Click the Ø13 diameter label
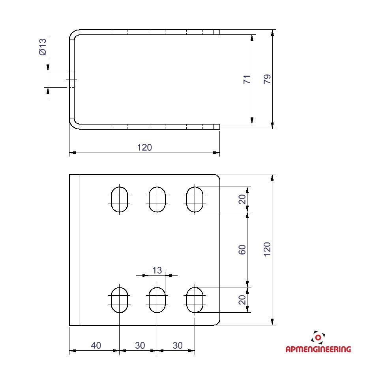(43, 47)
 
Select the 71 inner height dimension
(247, 79)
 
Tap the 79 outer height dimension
(267, 79)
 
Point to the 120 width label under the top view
(144, 147)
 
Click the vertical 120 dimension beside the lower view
(267, 249)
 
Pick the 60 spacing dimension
(242, 249)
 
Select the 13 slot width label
(157, 270)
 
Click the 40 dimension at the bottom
(96, 346)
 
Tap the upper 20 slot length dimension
(242, 199)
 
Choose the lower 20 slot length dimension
(242, 300)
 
